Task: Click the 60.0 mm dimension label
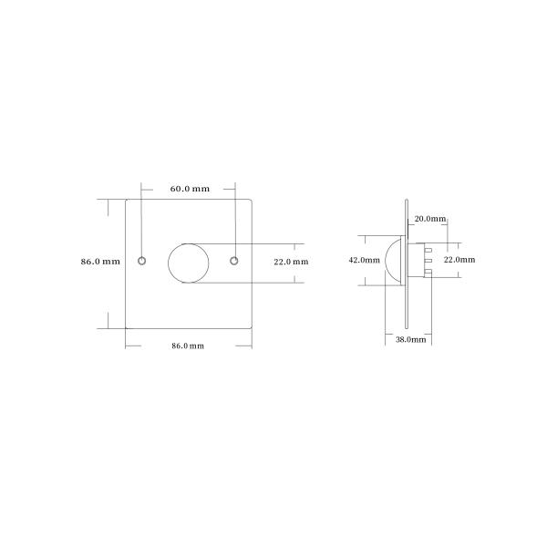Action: pyautogui.click(x=189, y=189)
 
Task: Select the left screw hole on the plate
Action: pyautogui.click(x=141, y=261)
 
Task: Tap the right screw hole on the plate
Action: pyautogui.click(x=234, y=261)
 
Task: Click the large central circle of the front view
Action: pyautogui.click(x=188, y=262)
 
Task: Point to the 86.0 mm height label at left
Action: pyautogui.click(x=99, y=261)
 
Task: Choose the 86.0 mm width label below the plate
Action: pyautogui.click(x=188, y=346)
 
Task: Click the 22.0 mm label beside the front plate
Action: pyautogui.click(x=291, y=262)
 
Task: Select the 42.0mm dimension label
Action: pyautogui.click(x=364, y=260)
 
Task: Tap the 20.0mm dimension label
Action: pyautogui.click(x=430, y=219)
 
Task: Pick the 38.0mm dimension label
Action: pyautogui.click(x=410, y=338)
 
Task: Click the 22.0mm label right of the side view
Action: pyautogui.click(x=459, y=260)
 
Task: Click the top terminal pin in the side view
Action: pyautogui.click(x=426, y=247)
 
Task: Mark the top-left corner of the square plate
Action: pyautogui.click(x=125, y=198)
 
